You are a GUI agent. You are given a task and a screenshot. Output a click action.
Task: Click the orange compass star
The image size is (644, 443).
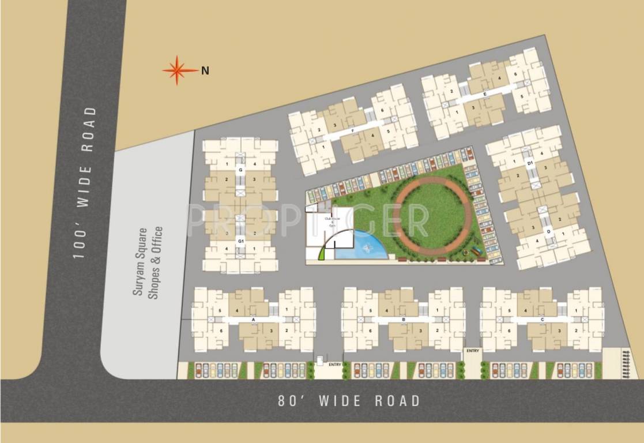point(180,70)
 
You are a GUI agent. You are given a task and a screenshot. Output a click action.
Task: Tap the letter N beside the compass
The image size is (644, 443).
point(205,71)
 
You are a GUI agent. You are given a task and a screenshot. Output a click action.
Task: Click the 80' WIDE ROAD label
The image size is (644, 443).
point(349,400)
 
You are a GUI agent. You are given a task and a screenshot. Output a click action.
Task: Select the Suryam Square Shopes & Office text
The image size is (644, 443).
point(148,262)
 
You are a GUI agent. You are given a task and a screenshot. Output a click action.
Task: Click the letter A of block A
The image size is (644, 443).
point(254,318)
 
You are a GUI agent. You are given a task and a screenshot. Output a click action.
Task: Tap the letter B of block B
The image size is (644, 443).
point(404,318)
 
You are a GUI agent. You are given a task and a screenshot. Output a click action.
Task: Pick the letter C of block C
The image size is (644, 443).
point(543,318)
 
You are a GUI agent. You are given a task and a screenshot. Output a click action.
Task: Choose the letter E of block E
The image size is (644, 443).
point(485,93)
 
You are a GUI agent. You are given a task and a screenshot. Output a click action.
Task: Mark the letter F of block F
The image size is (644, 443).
point(352,130)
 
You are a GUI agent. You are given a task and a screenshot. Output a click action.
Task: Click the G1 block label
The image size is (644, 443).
point(241,240)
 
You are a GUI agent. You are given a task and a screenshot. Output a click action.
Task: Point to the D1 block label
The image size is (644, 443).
point(529,163)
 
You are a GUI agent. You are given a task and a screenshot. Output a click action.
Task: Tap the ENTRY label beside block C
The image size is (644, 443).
point(473,351)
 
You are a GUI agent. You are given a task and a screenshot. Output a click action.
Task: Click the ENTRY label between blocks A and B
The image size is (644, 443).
point(335,365)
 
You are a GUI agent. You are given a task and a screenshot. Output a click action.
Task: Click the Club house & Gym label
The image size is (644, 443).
point(330,223)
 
